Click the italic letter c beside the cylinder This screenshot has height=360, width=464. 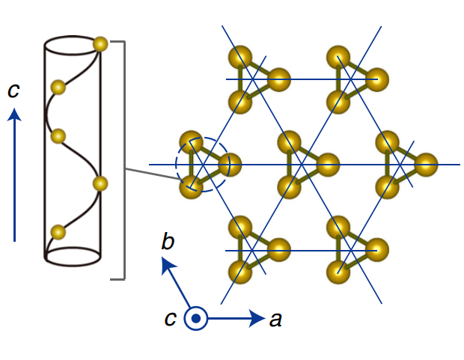[x=13, y=91]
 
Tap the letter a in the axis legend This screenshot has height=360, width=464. [x=275, y=320]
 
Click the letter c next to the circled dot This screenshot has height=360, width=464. [x=171, y=318]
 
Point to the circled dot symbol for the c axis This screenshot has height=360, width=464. [x=196, y=319]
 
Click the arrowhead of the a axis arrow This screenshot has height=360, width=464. [x=256, y=319]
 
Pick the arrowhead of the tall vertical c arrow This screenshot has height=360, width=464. [x=16, y=115]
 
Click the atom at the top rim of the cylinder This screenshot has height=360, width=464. [x=100, y=44]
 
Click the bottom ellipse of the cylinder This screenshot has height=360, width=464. [x=73, y=255]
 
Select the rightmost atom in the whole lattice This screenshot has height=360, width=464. [x=426, y=163]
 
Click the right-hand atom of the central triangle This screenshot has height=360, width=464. [x=327, y=163]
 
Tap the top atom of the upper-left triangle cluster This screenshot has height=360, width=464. [x=239, y=56]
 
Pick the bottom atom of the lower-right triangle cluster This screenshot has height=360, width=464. [x=338, y=273]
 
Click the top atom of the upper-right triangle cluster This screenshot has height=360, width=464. [x=338, y=56]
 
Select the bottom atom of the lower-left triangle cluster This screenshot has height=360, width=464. [x=239, y=273]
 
